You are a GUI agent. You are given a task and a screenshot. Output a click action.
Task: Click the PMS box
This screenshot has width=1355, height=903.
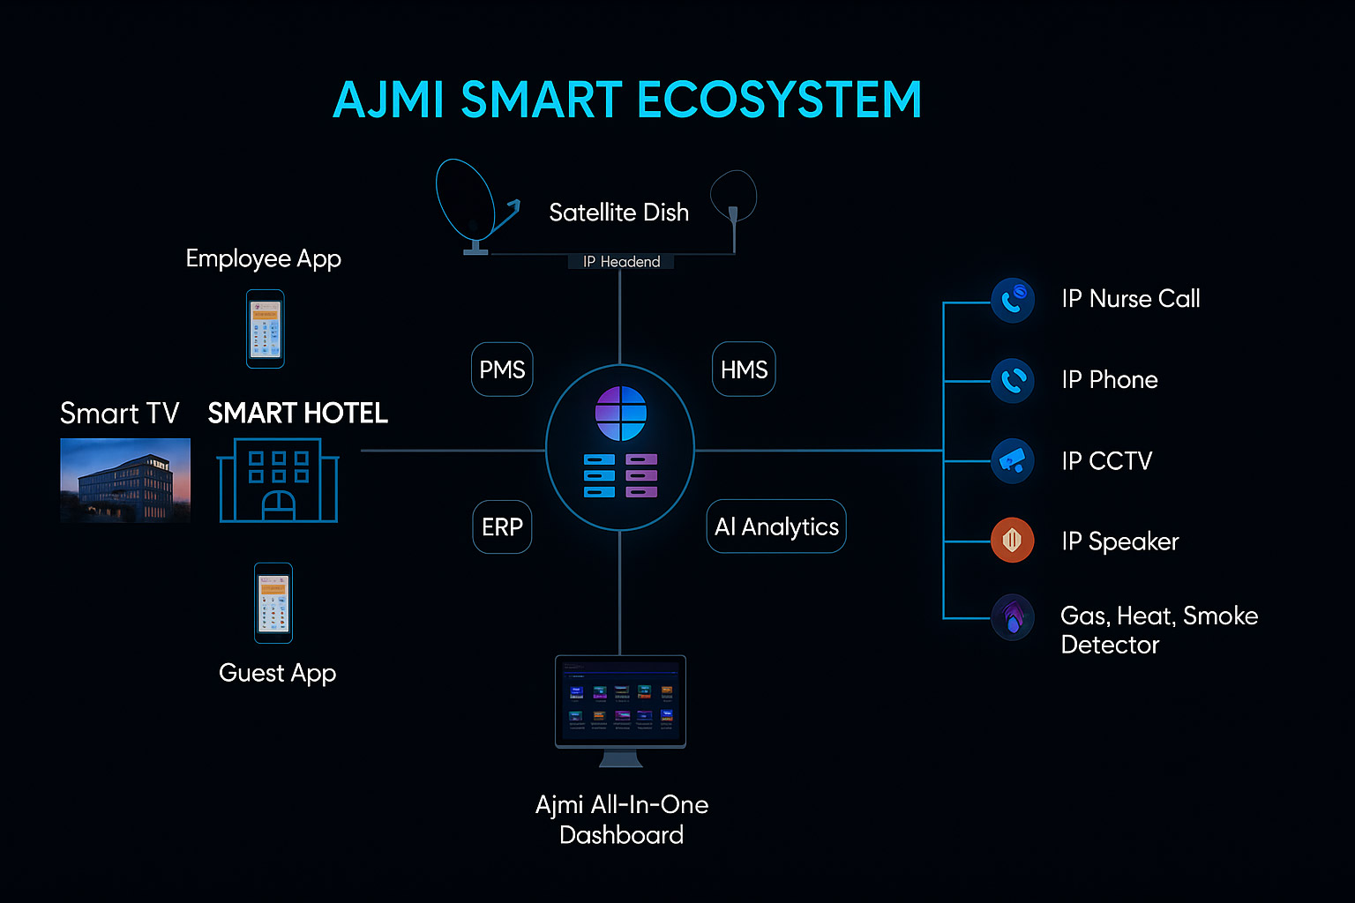pos(502,369)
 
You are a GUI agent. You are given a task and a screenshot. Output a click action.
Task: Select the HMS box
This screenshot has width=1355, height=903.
pos(744,369)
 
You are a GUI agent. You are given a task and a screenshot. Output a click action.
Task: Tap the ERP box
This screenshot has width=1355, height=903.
pos(502,526)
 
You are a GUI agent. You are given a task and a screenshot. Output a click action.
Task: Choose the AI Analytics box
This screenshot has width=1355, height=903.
pos(776,526)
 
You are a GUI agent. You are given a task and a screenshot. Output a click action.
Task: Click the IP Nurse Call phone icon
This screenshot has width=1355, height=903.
pos(1013,300)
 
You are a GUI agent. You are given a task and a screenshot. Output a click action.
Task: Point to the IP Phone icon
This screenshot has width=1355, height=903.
pos(1013,381)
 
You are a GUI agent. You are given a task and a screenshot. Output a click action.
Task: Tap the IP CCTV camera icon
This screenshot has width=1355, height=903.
pos(1013,461)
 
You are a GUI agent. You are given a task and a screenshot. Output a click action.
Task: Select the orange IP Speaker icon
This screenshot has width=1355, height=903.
pos(1013,540)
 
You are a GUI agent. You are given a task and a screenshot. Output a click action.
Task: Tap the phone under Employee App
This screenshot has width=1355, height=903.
pos(266,329)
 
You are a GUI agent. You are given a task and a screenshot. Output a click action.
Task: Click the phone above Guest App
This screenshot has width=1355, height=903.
pos(273,603)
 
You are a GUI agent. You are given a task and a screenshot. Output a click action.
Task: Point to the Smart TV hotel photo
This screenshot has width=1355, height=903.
pos(125,480)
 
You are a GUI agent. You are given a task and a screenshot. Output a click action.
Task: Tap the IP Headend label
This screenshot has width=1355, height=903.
pos(621,262)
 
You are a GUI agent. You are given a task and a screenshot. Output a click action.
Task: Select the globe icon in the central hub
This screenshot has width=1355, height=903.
pos(621,413)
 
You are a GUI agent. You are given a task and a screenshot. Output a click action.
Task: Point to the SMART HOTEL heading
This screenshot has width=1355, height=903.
pos(298,414)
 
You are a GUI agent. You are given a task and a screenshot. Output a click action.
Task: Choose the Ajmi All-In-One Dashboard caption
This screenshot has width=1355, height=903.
pos(622,819)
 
